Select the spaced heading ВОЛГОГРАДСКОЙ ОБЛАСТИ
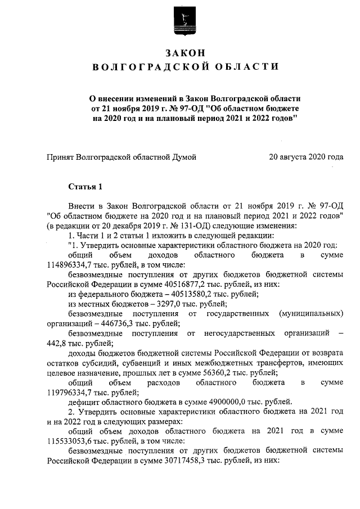[x=185, y=67]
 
